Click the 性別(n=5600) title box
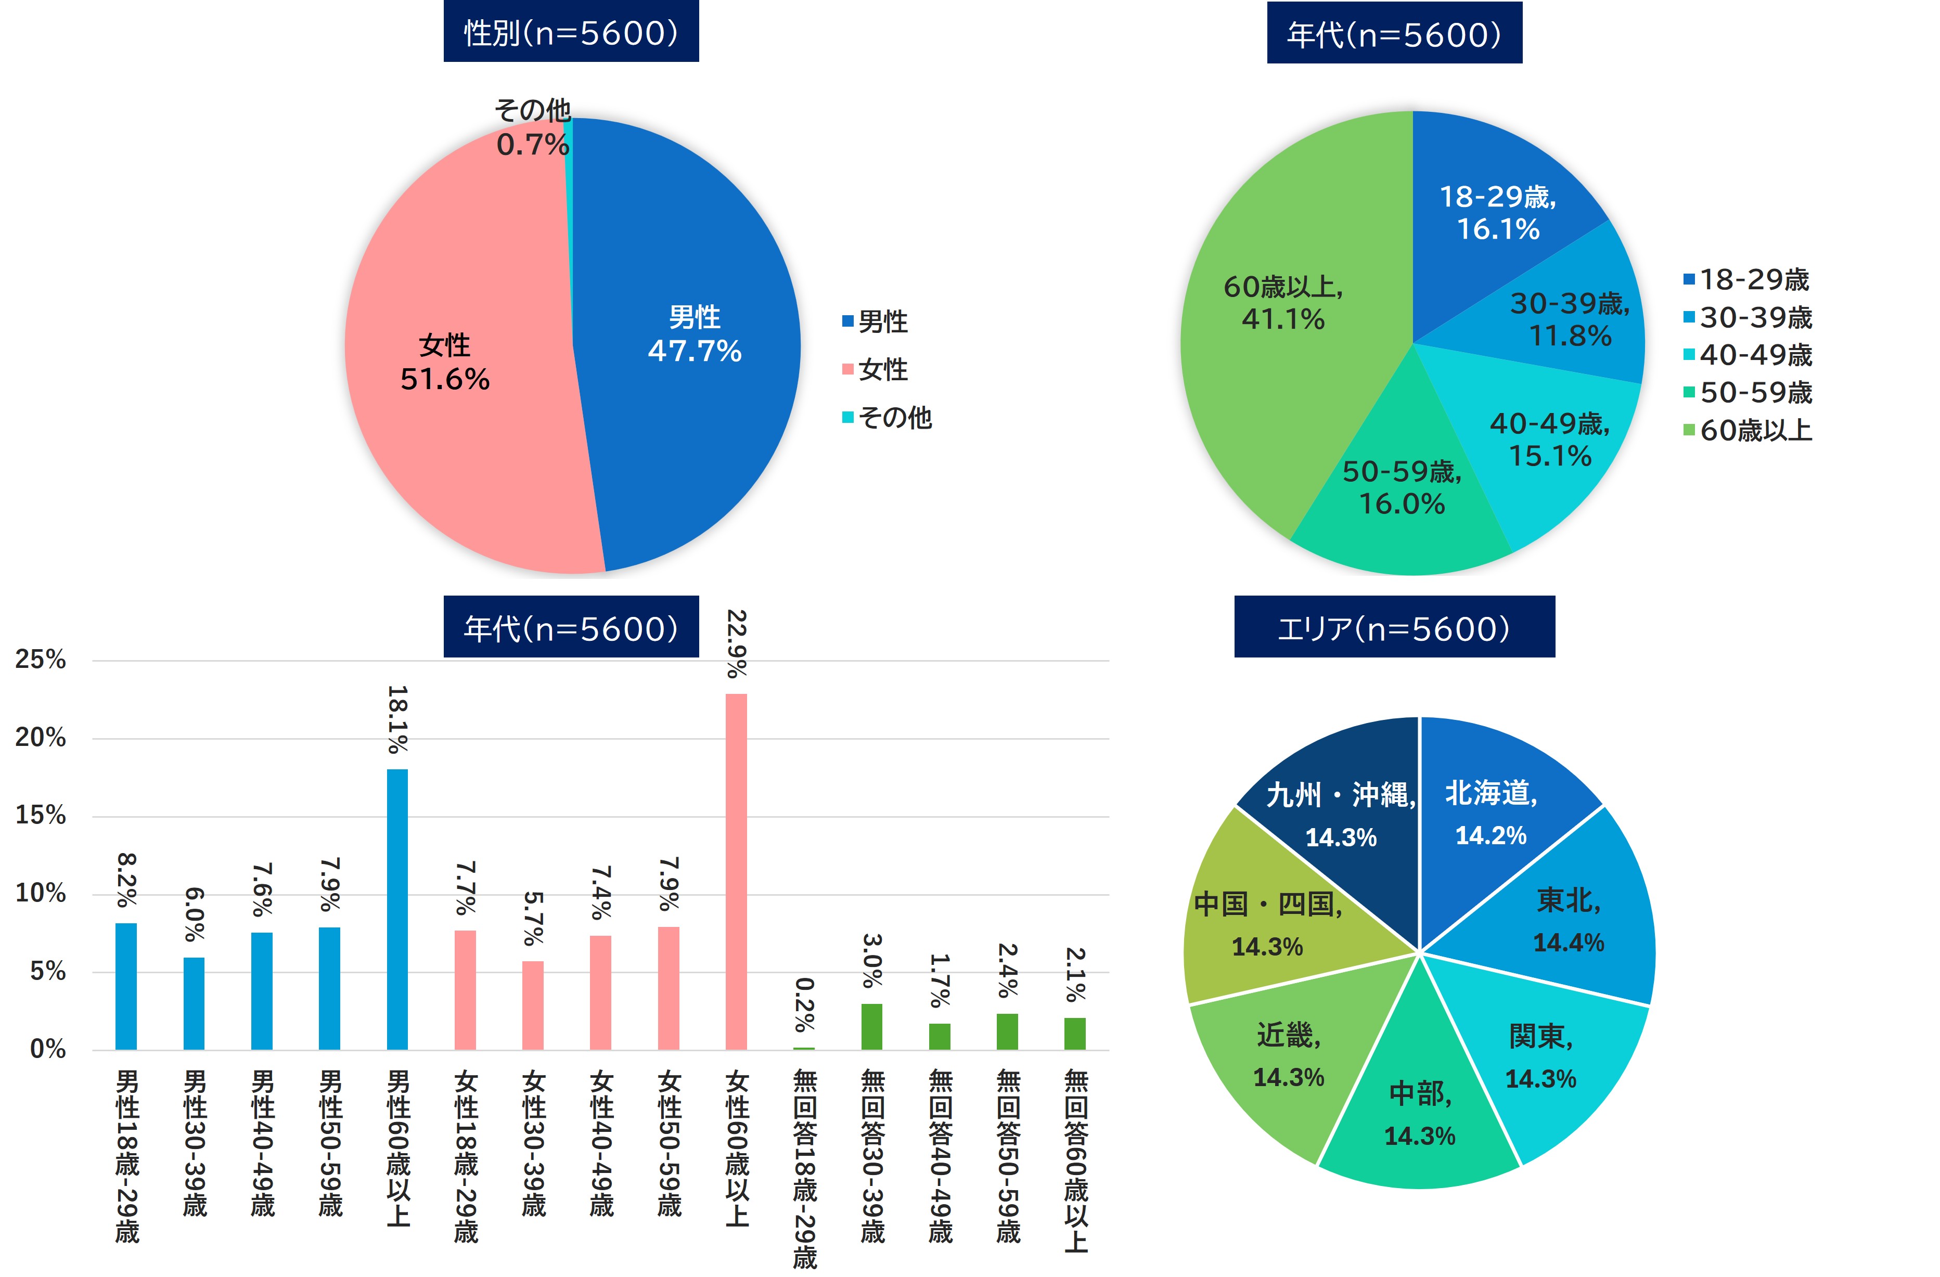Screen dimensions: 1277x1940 571,33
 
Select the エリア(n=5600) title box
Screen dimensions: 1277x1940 1394,627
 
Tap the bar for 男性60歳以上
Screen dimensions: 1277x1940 397,909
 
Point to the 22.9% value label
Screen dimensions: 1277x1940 736,644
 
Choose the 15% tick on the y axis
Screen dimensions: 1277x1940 41,815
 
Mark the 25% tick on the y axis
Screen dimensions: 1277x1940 41,659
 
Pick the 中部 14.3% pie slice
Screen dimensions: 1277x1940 1419,1113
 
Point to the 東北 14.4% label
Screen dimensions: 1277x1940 1569,921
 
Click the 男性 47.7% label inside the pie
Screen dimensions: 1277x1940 695,334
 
